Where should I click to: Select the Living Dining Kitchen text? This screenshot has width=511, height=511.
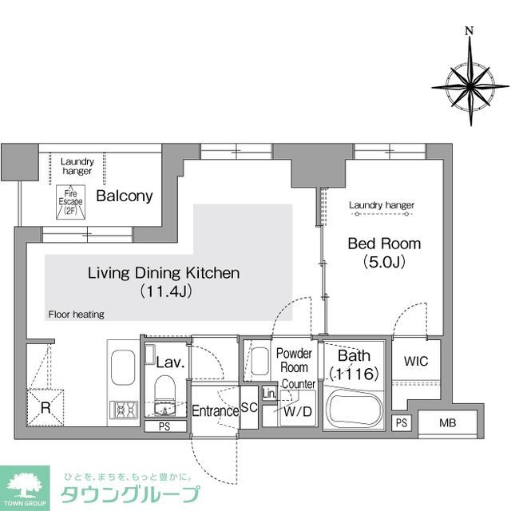click(x=163, y=273)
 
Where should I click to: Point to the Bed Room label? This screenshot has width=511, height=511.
click(x=383, y=244)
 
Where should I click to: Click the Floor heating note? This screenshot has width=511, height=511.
click(x=76, y=315)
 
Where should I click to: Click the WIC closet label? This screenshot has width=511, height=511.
click(x=416, y=362)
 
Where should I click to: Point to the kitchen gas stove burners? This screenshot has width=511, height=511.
click(x=125, y=410)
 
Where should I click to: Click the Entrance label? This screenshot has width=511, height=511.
click(x=215, y=411)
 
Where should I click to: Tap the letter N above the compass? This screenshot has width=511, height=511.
click(x=469, y=31)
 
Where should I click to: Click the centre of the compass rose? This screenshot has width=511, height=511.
click(x=469, y=84)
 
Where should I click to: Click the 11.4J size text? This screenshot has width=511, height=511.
click(x=164, y=291)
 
